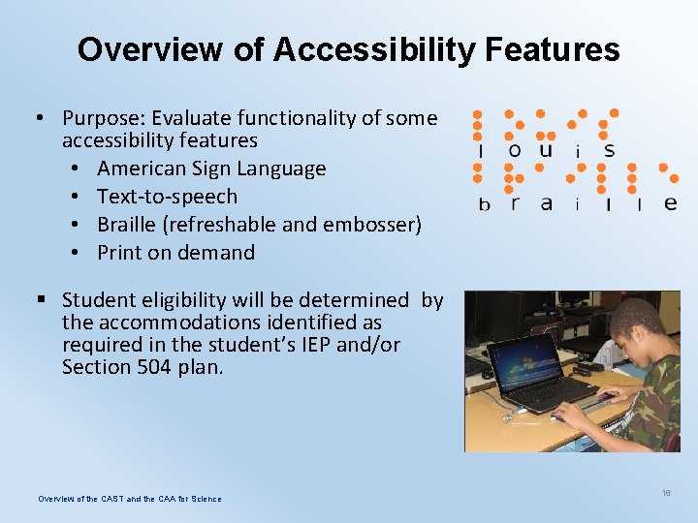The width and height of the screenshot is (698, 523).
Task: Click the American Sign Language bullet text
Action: click(211, 169)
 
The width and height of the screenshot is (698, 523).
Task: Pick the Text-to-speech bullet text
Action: click(167, 197)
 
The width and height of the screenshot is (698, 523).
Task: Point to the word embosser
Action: click(372, 225)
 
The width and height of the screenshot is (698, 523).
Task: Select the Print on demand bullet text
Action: click(175, 253)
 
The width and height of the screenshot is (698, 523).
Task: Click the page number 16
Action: click(666, 493)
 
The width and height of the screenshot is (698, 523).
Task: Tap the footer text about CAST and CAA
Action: click(129, 499)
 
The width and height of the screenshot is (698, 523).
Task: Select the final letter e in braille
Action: click(669, 202)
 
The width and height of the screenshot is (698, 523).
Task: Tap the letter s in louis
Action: click(609, 150)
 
